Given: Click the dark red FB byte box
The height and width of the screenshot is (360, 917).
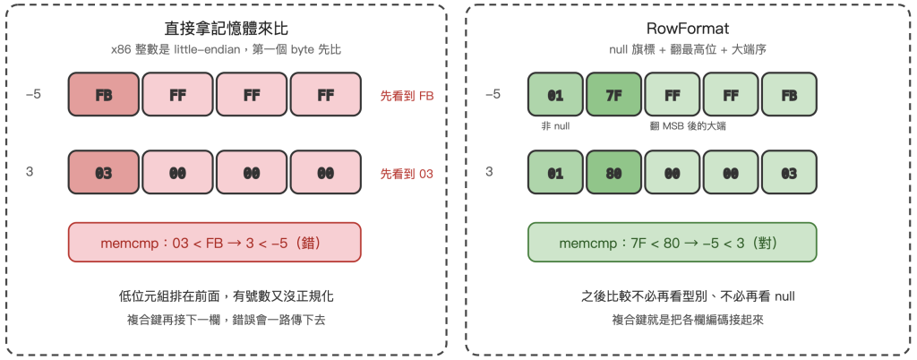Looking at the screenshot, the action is point(104,93).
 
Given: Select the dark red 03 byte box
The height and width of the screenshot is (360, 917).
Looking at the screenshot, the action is point(104,173).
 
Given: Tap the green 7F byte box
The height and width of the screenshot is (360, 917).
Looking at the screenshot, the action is point(613,93).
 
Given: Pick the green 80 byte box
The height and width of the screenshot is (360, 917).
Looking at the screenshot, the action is point(613,173).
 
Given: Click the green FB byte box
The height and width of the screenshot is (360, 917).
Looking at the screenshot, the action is point(789,93).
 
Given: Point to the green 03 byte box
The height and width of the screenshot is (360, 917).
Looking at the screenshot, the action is point(789,173).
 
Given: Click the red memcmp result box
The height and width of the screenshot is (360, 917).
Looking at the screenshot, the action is point(215,242).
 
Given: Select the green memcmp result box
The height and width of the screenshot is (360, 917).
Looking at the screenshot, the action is point(672,242).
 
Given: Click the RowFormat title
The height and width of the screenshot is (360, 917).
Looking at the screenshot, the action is point(672,30).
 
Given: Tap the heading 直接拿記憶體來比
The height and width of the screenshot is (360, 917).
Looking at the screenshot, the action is point(226,30).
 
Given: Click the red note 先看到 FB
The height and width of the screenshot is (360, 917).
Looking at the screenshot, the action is point(407,95).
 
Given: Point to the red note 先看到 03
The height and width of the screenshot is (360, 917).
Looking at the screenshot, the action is point(407,174).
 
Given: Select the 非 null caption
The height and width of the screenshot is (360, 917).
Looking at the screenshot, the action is point(555,125).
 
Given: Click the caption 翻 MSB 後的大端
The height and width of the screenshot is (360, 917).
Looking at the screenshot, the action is point(687,125).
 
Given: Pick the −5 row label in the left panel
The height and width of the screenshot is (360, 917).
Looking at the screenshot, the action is point(33,93).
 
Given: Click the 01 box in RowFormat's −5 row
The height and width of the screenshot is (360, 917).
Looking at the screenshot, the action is point(555,93).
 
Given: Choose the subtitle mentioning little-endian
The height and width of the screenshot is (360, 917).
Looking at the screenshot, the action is point(226,50).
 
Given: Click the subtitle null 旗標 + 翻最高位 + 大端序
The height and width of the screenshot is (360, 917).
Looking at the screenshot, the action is point(672,50).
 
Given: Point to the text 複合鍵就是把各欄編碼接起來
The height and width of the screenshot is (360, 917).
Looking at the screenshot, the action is point(672,320).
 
